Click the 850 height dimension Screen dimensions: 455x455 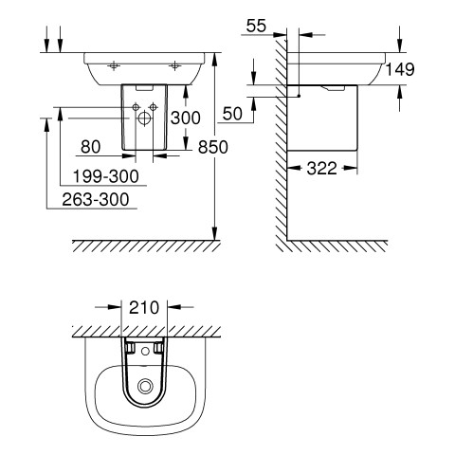[x=212, y=147]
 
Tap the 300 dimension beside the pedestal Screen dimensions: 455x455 [x=186, y=118]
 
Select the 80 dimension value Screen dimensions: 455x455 [x=91, y=147]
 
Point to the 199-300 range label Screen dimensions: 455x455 [x=106, y=176]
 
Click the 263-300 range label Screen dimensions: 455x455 [x=96, y=200]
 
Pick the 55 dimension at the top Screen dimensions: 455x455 [x=256, y=26]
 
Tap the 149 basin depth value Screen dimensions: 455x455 [x=400, y=69]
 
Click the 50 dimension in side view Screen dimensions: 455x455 [x=232, y=114]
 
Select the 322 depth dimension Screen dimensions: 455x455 [x=322, y=169]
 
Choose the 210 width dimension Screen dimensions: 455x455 [x=144, y=307]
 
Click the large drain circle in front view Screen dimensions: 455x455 [x=144, y=118]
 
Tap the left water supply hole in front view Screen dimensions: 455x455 [x=136, y=107]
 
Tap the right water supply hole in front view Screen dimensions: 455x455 [x=154, y=107]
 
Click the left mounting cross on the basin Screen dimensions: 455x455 [x=114, y=66]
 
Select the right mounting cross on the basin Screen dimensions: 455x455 [x=174, y=66]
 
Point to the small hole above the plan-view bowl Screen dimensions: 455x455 [x=145, y=351]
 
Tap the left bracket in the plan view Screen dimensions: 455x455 [x=130, y=348]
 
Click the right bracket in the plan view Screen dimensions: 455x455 [x=159, y=348]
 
